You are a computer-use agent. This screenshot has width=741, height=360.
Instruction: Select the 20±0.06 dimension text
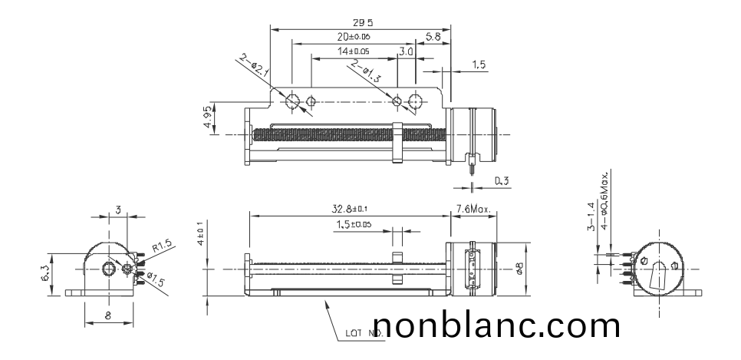click(x=354, y=37)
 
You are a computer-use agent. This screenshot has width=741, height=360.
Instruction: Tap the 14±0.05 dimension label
click(x=354, y=51)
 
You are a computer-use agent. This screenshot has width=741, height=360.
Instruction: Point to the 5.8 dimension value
click(x=433, y=36)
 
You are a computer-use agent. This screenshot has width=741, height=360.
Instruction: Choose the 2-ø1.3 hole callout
click(x=366, y=73)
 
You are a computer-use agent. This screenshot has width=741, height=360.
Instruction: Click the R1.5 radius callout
click(x=163, y=247)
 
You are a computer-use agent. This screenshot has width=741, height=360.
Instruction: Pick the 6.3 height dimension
click(x=44, y=272)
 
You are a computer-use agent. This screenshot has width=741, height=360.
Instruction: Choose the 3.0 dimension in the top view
click(x=407, y=51)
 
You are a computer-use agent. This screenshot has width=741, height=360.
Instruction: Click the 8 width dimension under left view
click(x=107, y=313)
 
